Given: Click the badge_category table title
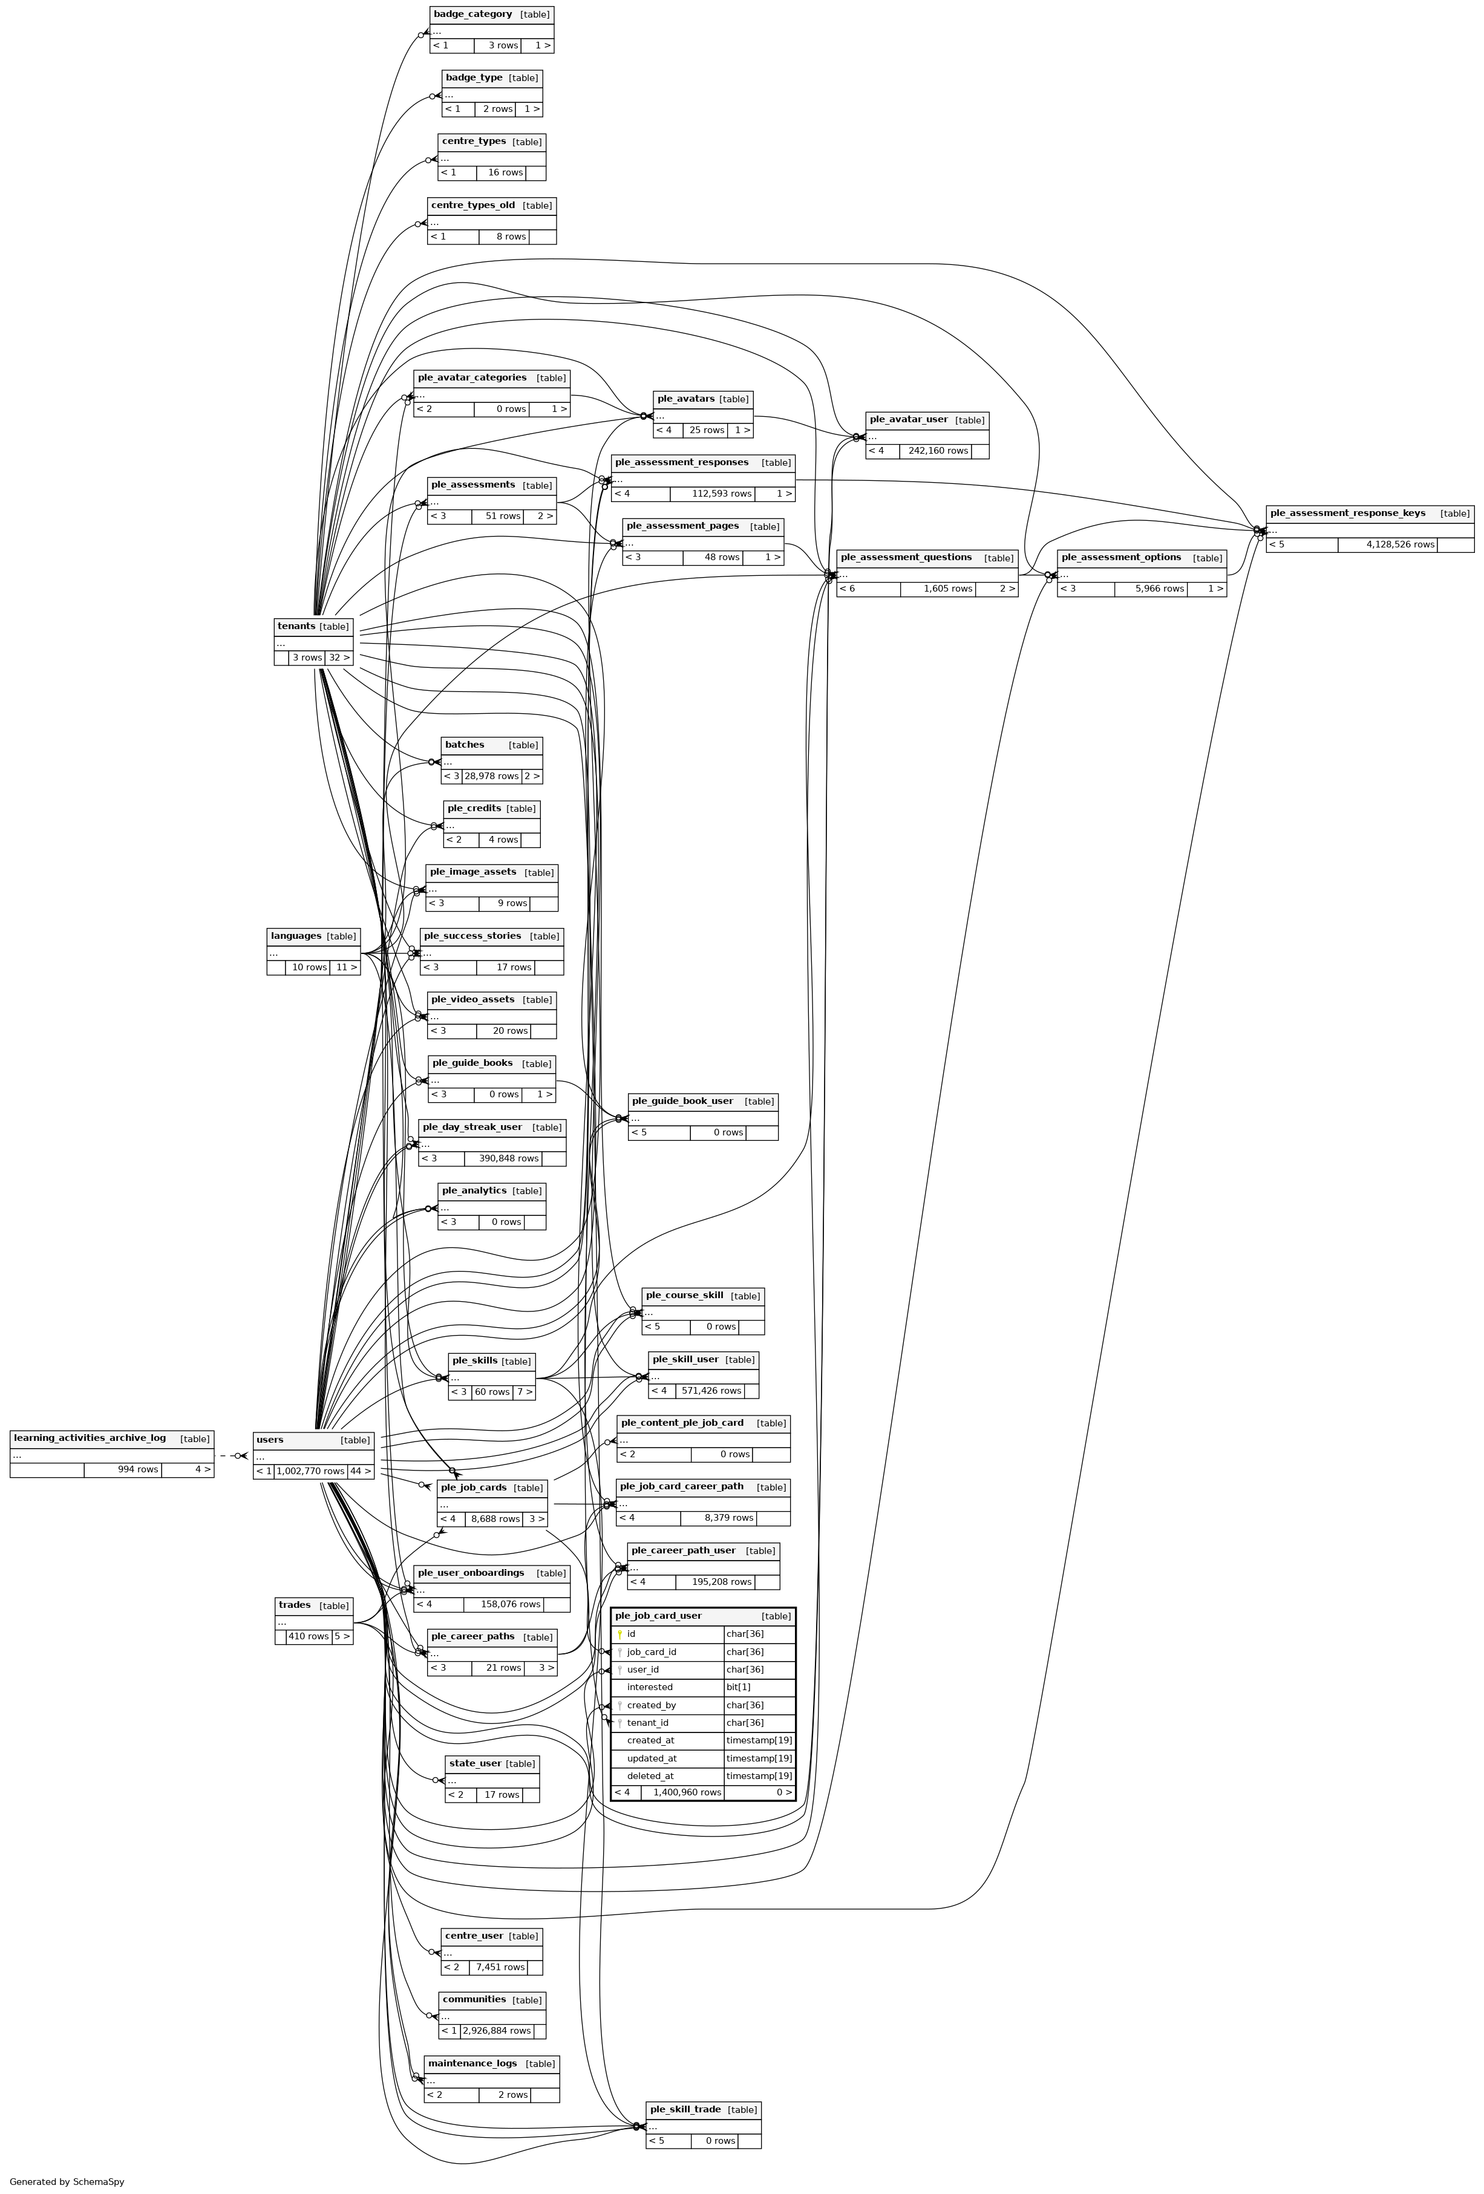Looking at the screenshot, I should coord(472,14).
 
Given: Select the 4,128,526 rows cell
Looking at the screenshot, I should coord(1399,545).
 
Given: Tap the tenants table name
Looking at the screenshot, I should coord(295,626).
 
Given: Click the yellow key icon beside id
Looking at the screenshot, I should coord(619,1634).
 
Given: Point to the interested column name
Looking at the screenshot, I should coord(650,1687).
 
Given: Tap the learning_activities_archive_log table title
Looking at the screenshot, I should coord(90,1438).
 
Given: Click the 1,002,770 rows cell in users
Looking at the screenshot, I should coord(310,1471).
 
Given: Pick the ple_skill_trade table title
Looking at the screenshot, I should coord(684,2109).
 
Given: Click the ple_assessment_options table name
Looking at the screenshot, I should coord(1120,557).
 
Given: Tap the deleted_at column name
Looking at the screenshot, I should coord(650,1776).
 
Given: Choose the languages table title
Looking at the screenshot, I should coord(295,936).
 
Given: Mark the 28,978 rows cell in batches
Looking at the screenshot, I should coord(491,776).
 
